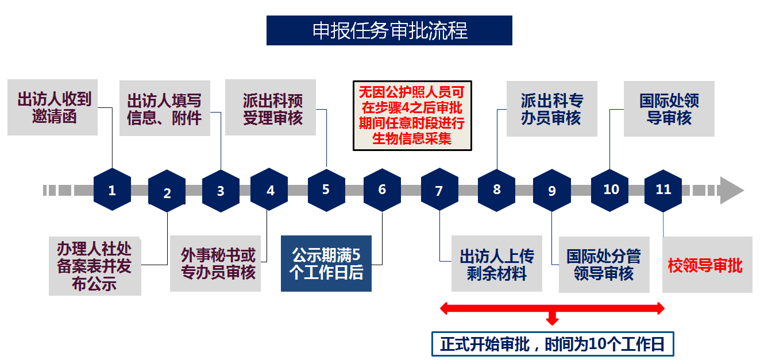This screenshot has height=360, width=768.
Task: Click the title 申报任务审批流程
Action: pyautogui.click(x=389, y=30)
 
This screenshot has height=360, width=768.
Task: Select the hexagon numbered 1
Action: pyautogui.click(x=112, y=189)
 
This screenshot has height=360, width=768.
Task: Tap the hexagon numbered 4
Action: pyautogui.click(x=270, y=189)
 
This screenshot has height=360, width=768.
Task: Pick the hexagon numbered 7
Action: pyautogui.click(x=439, y=190)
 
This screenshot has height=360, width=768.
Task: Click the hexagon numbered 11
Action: pyautogui.click(x=663, y=189)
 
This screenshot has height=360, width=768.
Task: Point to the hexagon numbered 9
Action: pyautogui.click(x=551, y=190)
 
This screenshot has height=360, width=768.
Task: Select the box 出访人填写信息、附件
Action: pyautogui.click(x=164, y=109)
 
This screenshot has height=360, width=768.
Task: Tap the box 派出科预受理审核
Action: pyautogui.click(x=271, y=107)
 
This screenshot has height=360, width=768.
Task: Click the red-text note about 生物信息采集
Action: pyautogui.click(x=412, y=115)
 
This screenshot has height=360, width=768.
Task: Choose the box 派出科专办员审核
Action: pyautogui.click(x=551, y=109)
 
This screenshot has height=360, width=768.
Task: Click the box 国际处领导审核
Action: pyautogui.click(x=669, y=109)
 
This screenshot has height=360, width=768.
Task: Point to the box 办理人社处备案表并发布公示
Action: pyautogui.click(x=95, y=266)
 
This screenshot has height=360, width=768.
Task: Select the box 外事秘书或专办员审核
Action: pyautogui.click(x=217, y=264)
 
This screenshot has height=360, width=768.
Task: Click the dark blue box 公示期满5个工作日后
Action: pyautogui.click(x=326, y=264)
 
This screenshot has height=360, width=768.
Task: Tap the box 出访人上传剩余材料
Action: pyautogui.click(x=496, y=264)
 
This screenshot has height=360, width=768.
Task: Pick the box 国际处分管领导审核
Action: pyautogui.click(x=603, y=264)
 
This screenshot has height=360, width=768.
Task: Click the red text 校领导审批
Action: pyautogui.click(x=705, y=265)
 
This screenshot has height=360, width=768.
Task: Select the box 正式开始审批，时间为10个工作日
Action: pyautogui.click(x=552, y=344)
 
